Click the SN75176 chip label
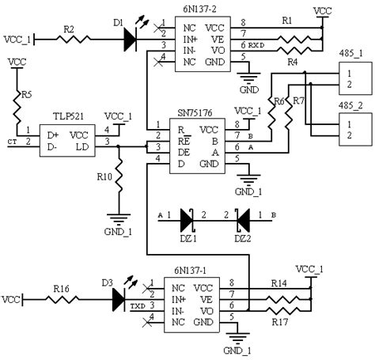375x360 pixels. [x=187, y=114]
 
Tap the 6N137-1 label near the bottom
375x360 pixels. [x=190, y=270]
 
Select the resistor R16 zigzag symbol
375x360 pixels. [x=66, y=299]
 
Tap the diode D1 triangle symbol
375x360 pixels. [x=131, y=38]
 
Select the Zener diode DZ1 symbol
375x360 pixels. [x=187, y=215]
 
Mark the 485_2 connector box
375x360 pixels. [x=350, y=128]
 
